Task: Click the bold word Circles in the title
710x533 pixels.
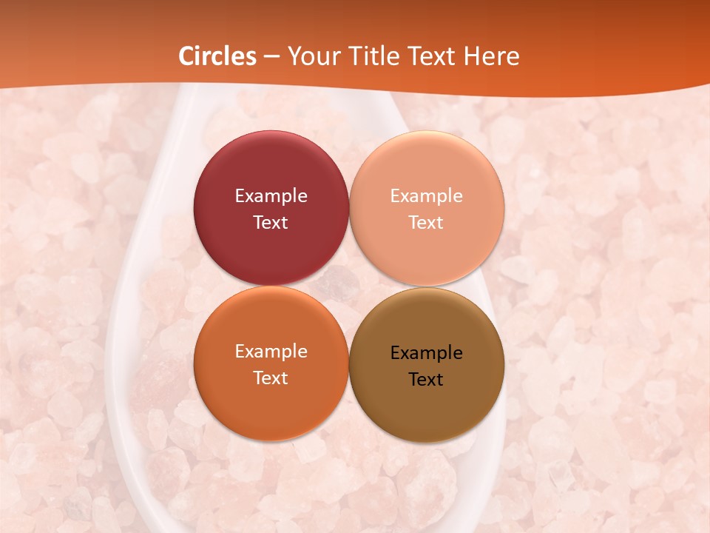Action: [217, 56]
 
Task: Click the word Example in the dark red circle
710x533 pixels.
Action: [271, 196]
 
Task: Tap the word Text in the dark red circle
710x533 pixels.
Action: [271, 223]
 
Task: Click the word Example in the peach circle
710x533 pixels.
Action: [426, 196]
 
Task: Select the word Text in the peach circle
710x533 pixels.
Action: [426, 223]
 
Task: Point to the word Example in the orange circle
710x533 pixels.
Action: [271, 352]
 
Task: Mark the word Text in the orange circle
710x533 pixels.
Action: [271, 378]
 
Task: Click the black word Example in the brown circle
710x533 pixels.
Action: [426, 353]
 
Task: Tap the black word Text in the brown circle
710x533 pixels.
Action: [426, 380]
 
